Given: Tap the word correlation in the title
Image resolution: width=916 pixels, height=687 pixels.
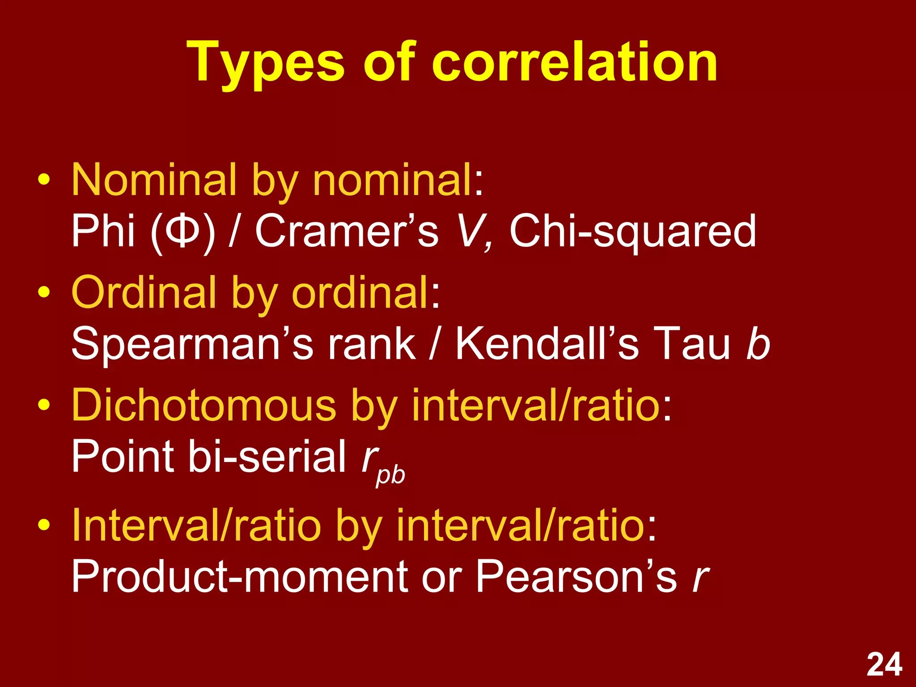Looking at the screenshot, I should click(x=574, y=63).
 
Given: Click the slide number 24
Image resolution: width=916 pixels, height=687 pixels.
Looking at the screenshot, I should click(x=884, y=665).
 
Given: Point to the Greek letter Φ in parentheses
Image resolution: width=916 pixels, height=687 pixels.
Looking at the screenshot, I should click(x=182, y=231).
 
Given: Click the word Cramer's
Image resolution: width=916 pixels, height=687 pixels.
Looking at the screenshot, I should click(x=347, y=231).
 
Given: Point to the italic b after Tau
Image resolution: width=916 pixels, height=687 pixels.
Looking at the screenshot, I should click(x=758, y=343).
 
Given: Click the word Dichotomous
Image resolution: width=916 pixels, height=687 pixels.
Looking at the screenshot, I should click(x=204, y=405).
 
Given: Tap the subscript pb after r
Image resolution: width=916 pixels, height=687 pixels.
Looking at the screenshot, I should click(x=390, y=475).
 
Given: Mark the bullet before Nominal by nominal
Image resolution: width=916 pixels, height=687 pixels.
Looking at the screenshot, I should click(x=44, y=180).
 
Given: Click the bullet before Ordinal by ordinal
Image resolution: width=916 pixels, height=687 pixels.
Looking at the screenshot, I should click(x=44, y=293).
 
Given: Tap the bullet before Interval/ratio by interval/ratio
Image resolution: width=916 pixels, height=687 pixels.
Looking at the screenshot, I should click(x=44, y=524).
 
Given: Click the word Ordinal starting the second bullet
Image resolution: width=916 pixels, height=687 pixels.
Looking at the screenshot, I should click(x=143, y=293).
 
